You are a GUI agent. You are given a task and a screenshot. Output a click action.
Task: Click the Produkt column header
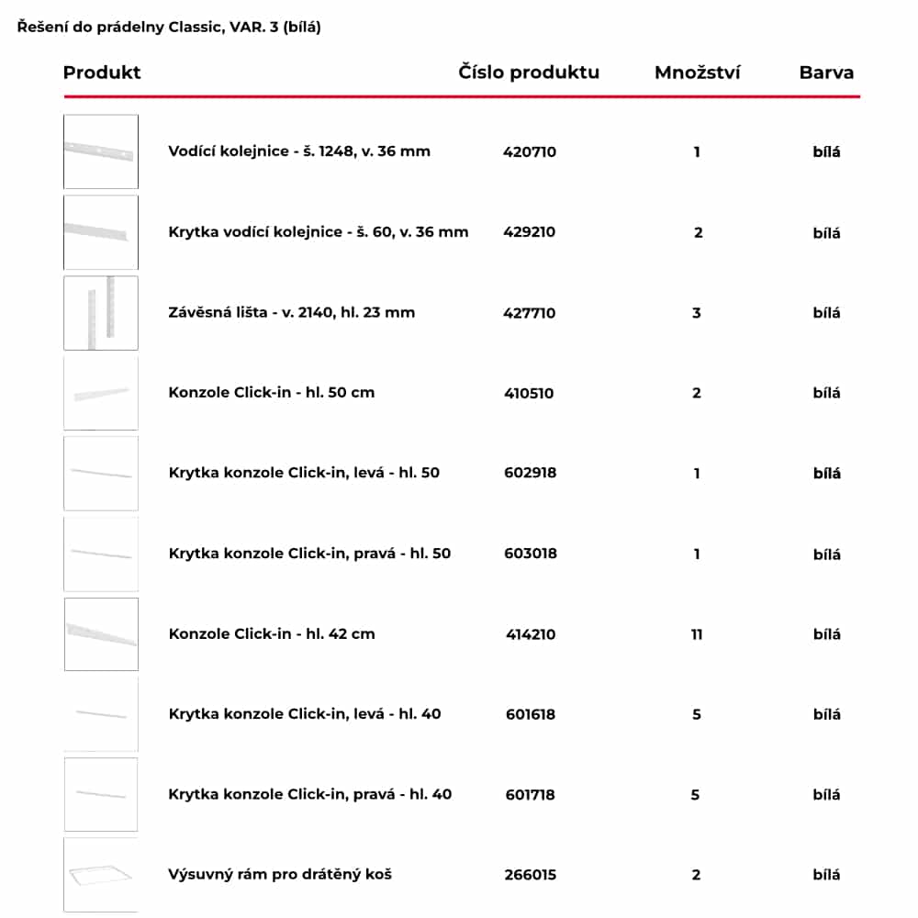coord(102,73)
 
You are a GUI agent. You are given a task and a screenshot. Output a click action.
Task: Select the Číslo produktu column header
coord(529,73)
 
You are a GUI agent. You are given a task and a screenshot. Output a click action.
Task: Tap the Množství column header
coord(698,73)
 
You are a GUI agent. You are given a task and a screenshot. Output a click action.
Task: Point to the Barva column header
coord(826,73)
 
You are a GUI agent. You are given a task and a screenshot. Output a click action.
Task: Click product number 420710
coord(530,152)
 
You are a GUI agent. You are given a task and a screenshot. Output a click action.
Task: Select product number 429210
coord(530,232)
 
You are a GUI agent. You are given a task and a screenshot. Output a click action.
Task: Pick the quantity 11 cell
coord(697,634)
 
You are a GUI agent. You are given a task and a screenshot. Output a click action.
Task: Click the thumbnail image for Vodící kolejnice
coord(101,151)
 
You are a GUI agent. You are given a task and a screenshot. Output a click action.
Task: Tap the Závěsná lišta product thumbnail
coord(101,313)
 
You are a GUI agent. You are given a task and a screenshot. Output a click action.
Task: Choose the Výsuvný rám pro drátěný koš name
coord(280,875)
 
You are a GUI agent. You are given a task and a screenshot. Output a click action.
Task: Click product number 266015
coord(530,875)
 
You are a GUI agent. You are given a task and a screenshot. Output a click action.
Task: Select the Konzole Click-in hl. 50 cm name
coord(272,393)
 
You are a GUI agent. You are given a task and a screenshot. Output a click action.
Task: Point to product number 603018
coord(531,554)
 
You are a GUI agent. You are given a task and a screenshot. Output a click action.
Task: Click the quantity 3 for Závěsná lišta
coord(697,313)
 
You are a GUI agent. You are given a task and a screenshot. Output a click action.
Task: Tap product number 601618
coord(531,714)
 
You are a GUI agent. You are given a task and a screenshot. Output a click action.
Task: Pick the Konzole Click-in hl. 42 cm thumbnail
coord(101,634)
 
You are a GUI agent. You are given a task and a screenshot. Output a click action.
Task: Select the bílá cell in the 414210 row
coord(826,634)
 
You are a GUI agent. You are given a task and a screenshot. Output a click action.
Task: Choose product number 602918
coord(531,474)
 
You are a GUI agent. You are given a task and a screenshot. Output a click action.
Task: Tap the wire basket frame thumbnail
coord(101,875)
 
